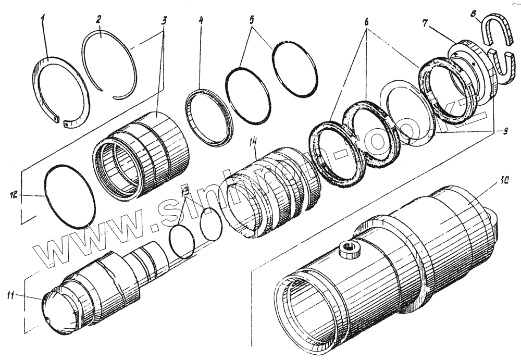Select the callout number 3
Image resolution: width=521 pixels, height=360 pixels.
(x=164, y=21)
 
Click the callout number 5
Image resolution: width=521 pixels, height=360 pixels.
(x=252, y=21)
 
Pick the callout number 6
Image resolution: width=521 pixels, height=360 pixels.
(x=366, y=24)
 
